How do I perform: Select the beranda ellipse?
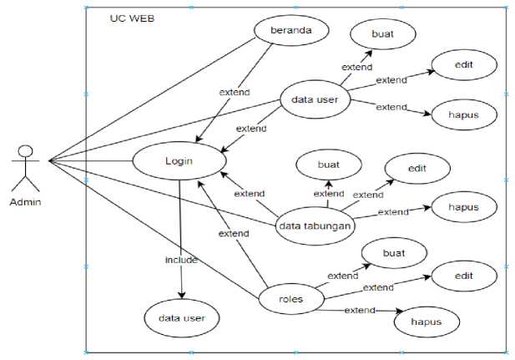coord(288,31)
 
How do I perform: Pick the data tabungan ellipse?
coord(315,224)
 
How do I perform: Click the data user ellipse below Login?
coord(181,317)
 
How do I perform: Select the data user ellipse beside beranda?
coord(314,100)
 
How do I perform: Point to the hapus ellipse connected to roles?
coord(427,321)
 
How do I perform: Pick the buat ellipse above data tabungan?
coord(328,165)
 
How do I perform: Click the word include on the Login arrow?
coord(180,260)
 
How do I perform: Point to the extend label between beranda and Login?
coord(235,92)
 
